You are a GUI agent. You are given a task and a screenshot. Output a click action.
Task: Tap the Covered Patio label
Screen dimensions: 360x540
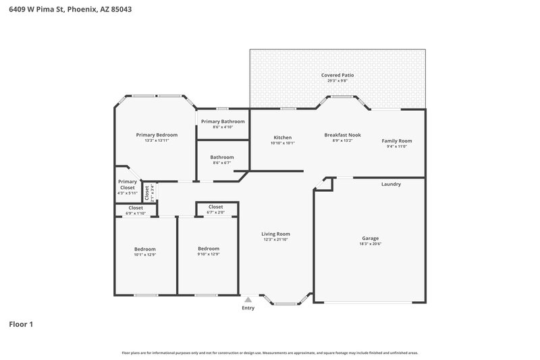[x=337, y=75]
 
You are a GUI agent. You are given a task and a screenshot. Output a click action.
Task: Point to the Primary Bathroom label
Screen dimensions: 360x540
[x=223, y=121]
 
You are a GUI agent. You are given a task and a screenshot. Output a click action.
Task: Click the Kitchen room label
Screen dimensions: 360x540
[x=282, y=136]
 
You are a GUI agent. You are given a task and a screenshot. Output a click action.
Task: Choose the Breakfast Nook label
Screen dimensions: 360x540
[x=342, y=134]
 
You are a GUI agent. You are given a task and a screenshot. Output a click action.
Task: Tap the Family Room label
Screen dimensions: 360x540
[x=396, y=140]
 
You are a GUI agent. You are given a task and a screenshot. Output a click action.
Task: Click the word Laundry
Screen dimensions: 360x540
[x=391, y=184]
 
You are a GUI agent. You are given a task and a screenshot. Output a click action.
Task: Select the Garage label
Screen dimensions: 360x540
[x=370, y=238]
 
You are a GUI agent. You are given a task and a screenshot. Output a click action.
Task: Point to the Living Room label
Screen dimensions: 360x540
[x=276, y=234]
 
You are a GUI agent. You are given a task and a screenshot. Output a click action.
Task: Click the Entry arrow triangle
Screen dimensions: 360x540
[x=248, y=299]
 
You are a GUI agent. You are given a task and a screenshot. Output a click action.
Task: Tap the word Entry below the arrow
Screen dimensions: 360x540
[x=248, y=308]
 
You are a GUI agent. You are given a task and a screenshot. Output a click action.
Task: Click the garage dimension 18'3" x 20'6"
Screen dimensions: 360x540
[x=370, y=244]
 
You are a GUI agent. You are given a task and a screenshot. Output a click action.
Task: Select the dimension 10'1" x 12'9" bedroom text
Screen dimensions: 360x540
[x=144, y=254]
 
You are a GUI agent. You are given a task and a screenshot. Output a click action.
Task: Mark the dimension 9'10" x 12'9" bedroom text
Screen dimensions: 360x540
[x=208, y=254]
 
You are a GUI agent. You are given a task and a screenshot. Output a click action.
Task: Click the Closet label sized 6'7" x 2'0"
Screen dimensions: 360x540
[x=216, y=207]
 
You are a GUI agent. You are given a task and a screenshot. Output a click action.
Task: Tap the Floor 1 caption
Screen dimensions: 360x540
[x=21, y=324]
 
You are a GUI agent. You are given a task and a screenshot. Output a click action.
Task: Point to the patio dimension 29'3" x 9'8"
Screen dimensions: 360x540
[x=337, y=81]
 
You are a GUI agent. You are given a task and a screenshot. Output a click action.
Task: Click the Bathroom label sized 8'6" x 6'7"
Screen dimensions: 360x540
[x=221, y=157]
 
